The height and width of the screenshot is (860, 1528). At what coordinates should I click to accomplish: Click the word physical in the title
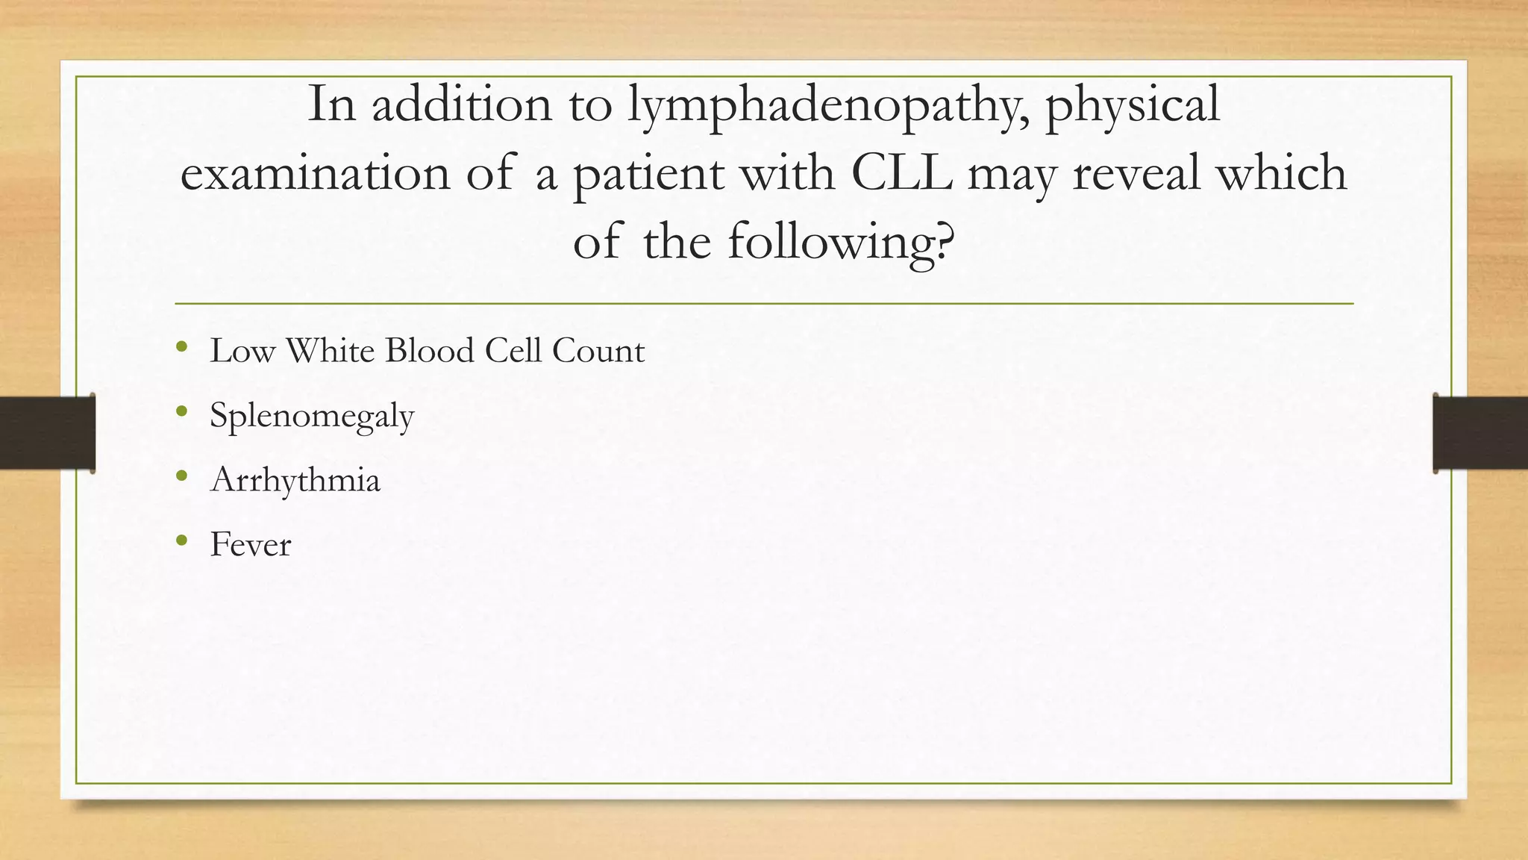point(1132,105)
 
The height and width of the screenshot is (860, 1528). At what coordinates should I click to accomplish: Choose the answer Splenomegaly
point(312,416)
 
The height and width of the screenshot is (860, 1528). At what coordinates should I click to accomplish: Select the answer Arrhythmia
point(295,480)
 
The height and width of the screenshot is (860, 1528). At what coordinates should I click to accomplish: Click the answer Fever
point(251,544)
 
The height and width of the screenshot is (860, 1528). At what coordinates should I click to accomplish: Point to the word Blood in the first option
point(429,351)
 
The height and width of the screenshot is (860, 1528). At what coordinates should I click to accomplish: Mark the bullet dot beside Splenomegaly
point(181,411)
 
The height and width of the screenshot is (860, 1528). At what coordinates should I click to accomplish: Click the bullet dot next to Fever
point(181,540)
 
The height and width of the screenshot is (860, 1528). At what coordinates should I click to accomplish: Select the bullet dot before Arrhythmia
point(181,476)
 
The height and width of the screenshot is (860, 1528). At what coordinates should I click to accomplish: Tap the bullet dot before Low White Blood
point(181,346)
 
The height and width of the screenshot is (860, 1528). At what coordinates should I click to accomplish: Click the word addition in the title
point(462,105)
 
